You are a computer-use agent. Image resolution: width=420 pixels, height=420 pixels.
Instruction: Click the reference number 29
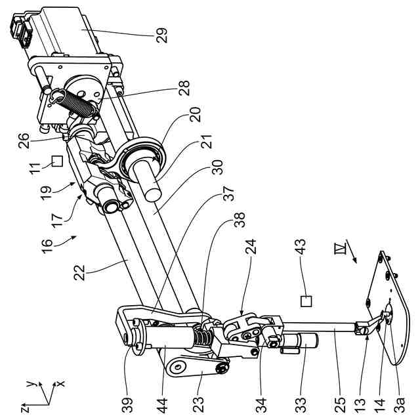(162, 34)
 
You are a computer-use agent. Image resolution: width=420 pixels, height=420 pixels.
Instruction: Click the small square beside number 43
(306, 301)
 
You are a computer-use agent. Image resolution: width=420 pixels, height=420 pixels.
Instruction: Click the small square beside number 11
(57, 159)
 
